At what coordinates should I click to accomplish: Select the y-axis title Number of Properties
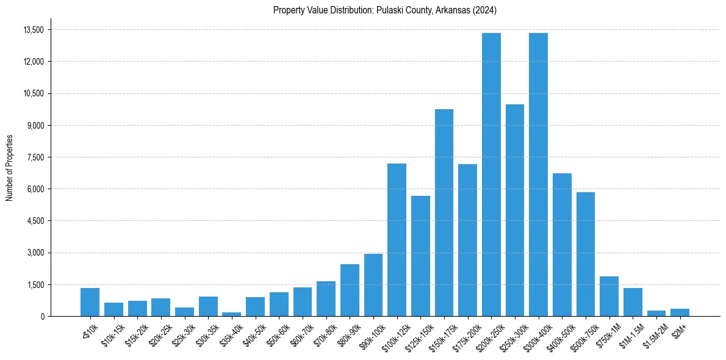click(x=9, y=168)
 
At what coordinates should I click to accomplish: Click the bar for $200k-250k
click(x=491, y=175)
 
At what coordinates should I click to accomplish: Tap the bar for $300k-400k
click(x=538, y=175)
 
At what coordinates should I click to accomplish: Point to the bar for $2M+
click(x=680, y=312)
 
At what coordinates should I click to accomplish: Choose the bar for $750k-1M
click(x=609, y=297)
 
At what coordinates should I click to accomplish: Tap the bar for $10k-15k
click(x=113, y=309)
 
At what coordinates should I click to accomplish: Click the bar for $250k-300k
click(x=515, y=210)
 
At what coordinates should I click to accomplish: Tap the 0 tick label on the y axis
click(x=42, y=316)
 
